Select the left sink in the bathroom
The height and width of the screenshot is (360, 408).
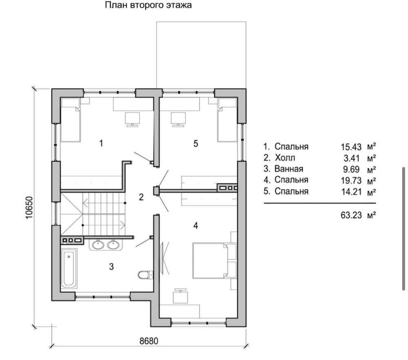tap(98, 245)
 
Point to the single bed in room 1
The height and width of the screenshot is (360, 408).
tap(70, 120)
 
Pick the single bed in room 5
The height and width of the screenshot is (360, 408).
tap(227, 120)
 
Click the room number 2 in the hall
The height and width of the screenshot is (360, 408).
tap(141, 197)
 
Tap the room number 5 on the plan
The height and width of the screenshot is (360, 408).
tap(196, 143)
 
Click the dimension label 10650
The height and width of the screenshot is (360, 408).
tap(29, 207)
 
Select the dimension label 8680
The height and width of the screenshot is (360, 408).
tap(149, 341)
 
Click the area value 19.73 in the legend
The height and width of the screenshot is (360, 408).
tap(351, 180)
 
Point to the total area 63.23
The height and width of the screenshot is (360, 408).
tap(351, 215)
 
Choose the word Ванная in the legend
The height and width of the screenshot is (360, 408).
tap(289, 169)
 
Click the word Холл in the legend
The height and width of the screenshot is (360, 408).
tap(285, 158)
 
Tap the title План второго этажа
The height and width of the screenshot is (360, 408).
tap(149, 5)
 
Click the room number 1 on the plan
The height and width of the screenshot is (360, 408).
tap(101, 143)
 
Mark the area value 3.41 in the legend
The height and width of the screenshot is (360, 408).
tap(352, 158)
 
